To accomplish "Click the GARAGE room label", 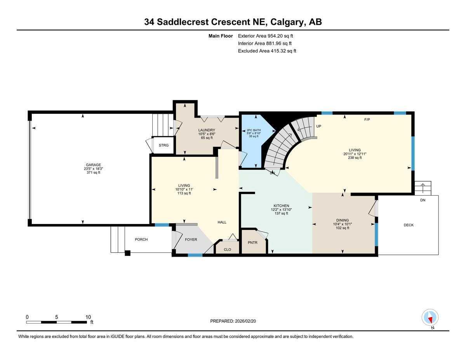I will (93, 165).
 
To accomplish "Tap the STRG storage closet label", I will (164, 145).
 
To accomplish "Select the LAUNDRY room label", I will (207, 130).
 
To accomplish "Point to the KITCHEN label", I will (281, 206).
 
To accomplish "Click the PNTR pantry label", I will (252, 243).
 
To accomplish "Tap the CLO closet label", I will (228, 249).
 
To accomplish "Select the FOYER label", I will (191, 240).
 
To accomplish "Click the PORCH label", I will (141, 240).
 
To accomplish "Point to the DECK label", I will (409, 225).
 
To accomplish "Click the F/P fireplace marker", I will (367, 119).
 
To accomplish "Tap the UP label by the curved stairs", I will (318, 127).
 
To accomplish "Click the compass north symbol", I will (430, 318).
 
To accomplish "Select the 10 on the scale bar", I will (88, 317).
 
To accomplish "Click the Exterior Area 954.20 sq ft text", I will (265, 36).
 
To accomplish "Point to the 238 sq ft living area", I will (355, 158).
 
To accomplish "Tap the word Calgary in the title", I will (288, 22).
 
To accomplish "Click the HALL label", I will (222, 222).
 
